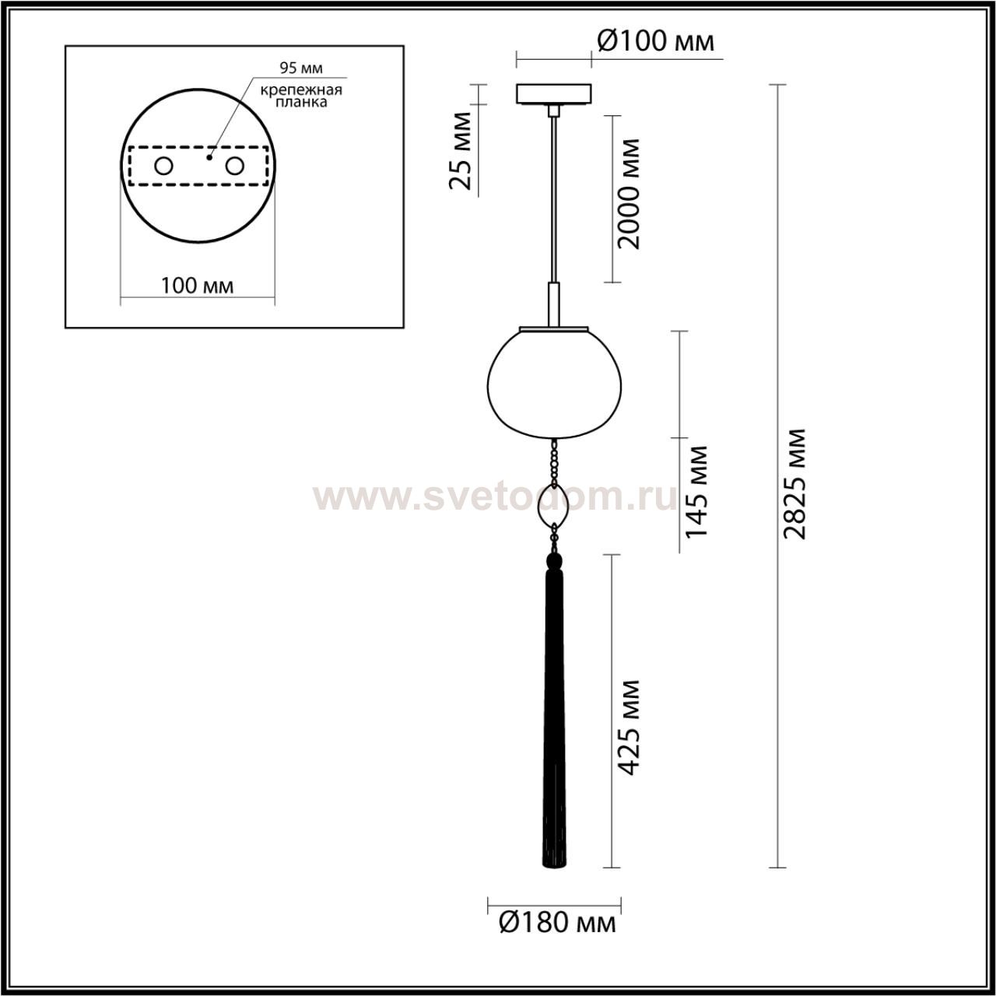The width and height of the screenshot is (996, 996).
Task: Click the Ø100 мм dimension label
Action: point(655,41)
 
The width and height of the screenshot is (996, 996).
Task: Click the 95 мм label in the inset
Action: point(301,68)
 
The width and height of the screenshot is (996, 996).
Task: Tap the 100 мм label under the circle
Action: point(198,286)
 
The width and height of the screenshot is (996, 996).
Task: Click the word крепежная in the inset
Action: point(301,90)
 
